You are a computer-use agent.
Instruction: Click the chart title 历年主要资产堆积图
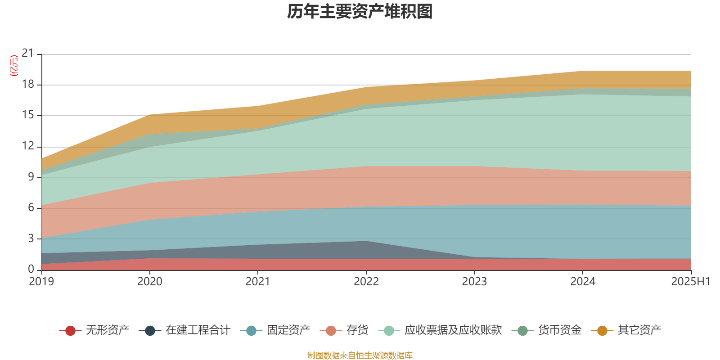[360, 12]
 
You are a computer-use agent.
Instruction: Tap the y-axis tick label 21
[28, 54]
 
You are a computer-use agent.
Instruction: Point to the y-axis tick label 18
[28, 85]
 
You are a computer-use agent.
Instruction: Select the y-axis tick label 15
[28, 115]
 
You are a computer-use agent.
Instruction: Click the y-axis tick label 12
[28, 146]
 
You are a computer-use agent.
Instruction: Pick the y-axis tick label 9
[31, 177]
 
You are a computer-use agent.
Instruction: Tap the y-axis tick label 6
[31, 207]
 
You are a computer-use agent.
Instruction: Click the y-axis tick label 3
[31, 238]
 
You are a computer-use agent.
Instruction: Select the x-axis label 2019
[41, 282]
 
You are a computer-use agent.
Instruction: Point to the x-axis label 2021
[257, 282]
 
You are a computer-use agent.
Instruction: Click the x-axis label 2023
[474, 282]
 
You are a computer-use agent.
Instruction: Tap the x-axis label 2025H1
[690, 282]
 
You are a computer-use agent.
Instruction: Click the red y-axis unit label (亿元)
[14, 66]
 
